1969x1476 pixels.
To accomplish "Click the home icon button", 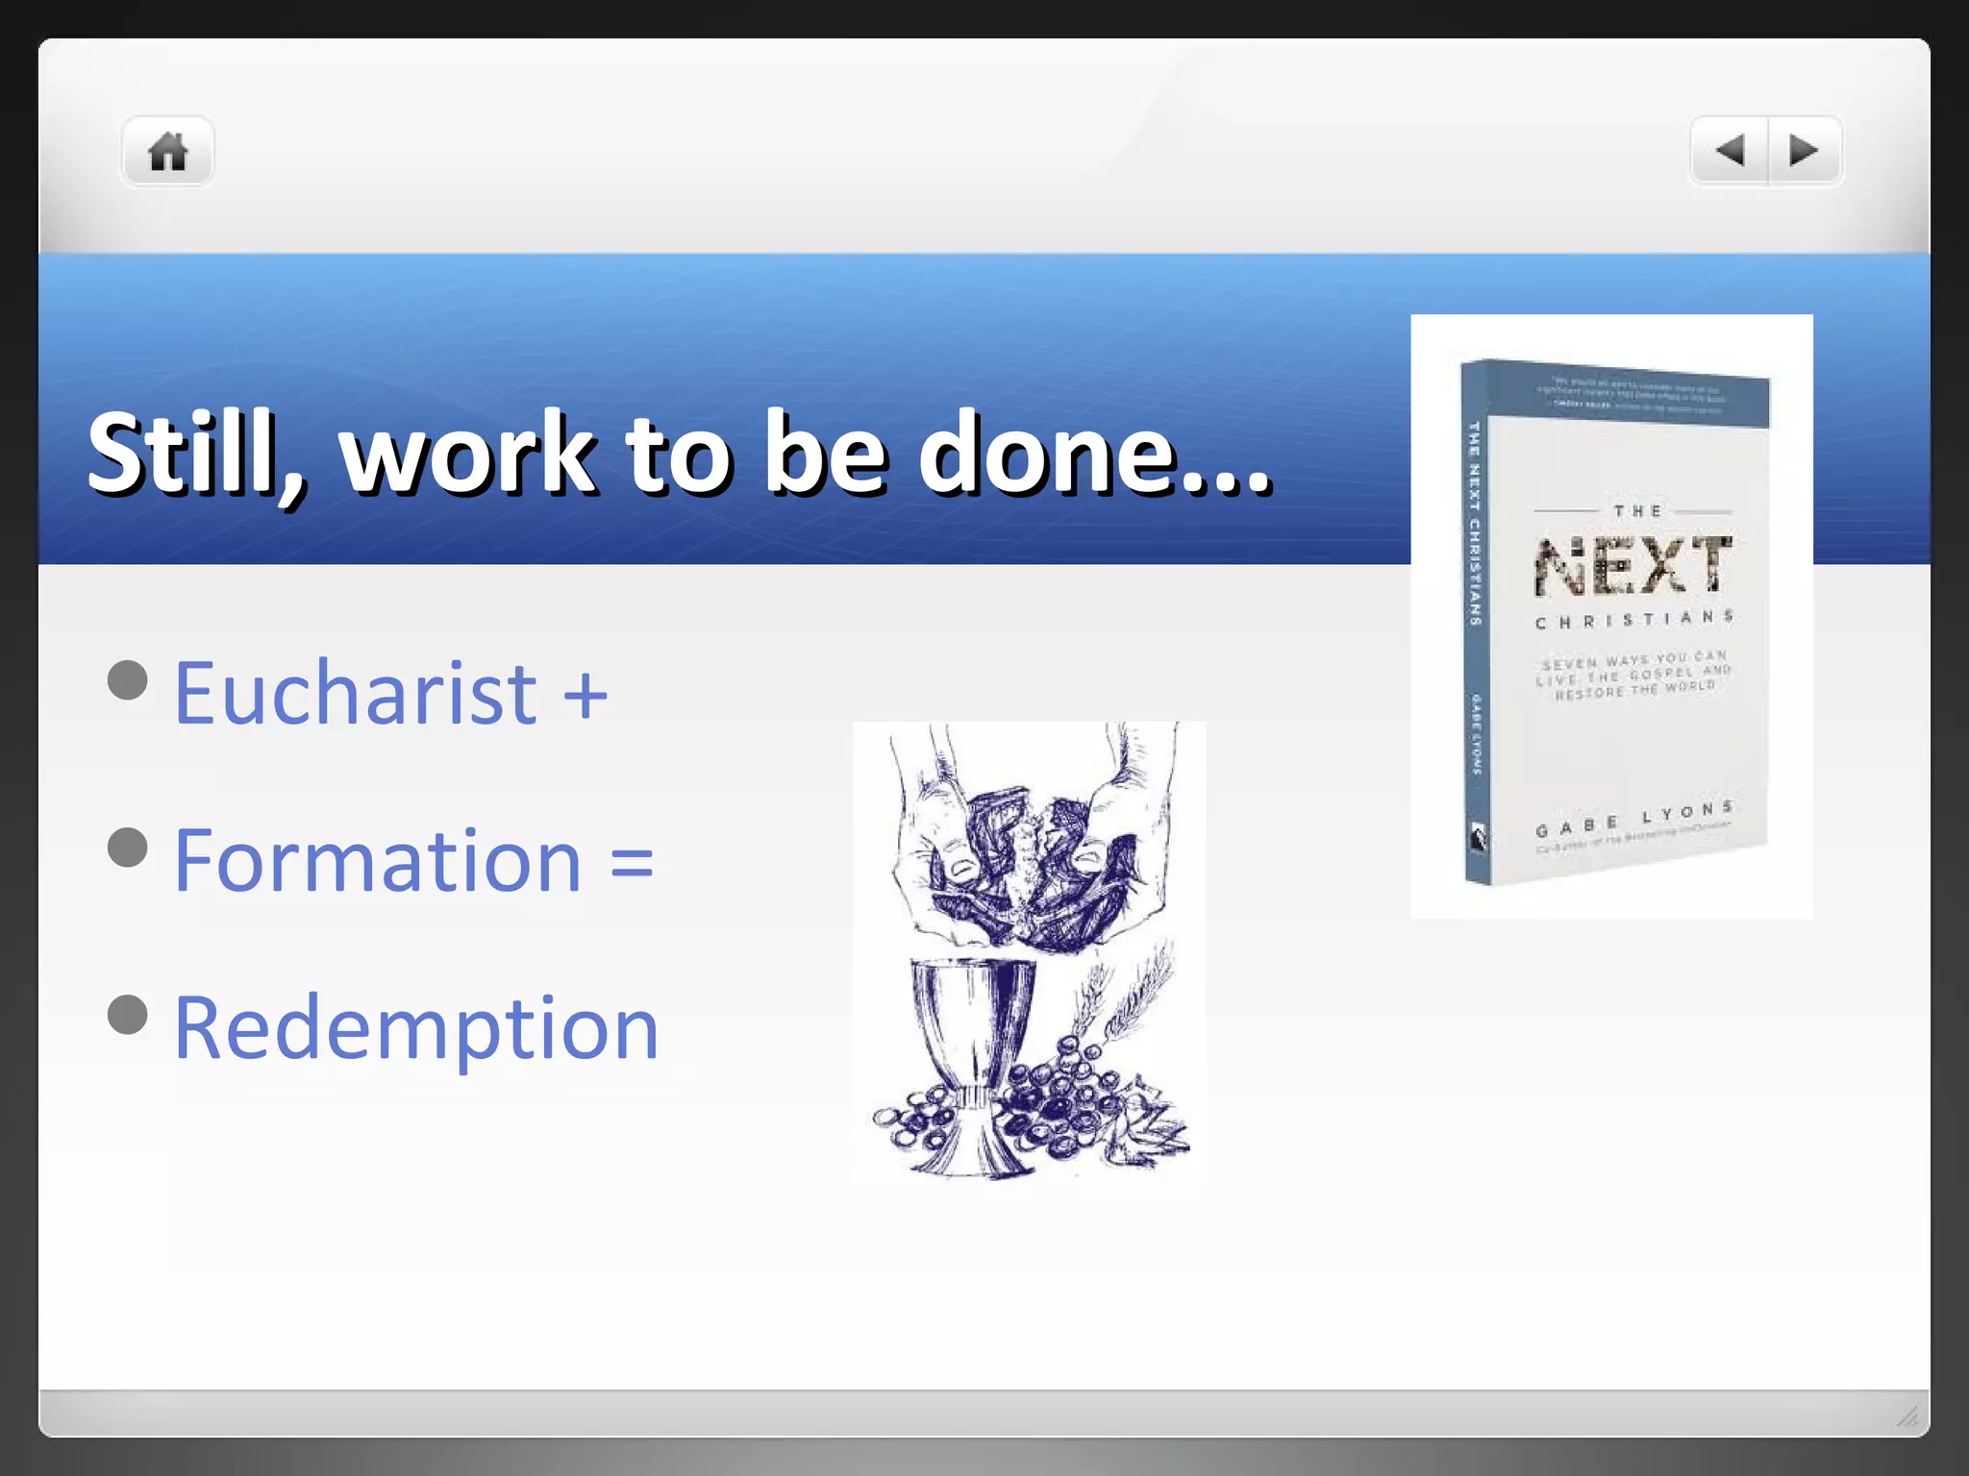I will (x=167, y=152).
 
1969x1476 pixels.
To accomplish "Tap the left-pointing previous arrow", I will (x=1730, y=151).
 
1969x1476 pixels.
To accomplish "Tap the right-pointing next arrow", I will (x=1804, y=151).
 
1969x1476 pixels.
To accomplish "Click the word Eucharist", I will (x=356, y=693).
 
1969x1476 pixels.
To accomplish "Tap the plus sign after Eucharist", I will (x=586, y=695).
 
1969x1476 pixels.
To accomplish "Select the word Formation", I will (x=378, y=860).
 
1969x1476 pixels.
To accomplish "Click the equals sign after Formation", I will (x=632, y=862).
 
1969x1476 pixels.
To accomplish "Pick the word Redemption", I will (x=416, y=1028).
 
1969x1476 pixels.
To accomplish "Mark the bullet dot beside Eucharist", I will (x=128, y=680).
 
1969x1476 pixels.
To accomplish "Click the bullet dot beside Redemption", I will (x=128, y=1015).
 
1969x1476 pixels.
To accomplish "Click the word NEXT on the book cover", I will (x=1633, y=566).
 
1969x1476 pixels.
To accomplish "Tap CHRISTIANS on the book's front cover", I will (x=1633, y=620).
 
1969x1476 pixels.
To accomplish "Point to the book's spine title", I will (x=1474, y=525).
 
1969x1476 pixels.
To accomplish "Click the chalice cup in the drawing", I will (x=971, y=1038).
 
